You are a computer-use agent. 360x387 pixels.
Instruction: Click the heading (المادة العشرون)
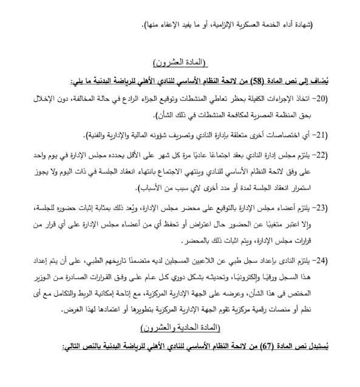pos(180,62)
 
